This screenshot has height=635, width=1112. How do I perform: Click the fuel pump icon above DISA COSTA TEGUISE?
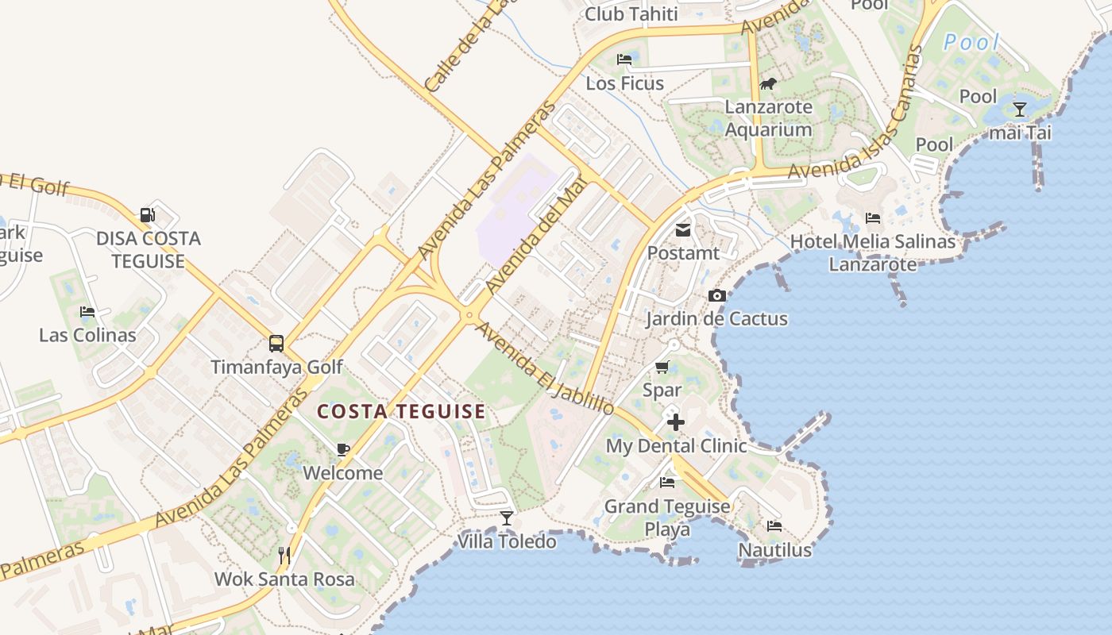tap(147, 214)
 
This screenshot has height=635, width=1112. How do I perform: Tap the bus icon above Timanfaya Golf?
tap(276, 344)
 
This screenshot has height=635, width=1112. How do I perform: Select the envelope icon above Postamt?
tap(682, 230)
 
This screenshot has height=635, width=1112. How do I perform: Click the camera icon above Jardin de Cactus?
tap(717, 296)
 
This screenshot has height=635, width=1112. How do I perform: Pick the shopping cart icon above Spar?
tap(662, 368)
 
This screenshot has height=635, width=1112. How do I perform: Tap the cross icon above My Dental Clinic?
tap(675, 422)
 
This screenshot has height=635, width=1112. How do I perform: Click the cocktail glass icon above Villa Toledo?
tap(507, 518)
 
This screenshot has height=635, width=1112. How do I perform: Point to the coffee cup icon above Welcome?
tap(343, 450)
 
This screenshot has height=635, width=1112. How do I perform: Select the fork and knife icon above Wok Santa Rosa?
tap(284, 555)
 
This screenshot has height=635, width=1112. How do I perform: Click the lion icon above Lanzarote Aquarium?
tap(768, 83)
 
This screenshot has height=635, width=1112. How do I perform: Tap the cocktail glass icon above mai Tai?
tap(1020, 110)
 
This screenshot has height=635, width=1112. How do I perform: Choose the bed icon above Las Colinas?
tap(87, 312)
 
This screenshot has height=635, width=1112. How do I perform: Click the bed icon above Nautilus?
tap(774, 526)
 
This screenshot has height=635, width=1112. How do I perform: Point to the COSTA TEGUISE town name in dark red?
tap(401, 411)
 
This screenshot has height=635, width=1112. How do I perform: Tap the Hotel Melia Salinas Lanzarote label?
tap(873, 252)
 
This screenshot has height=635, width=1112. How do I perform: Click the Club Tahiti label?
tap(631, 14)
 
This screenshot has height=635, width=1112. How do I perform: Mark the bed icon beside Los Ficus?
tap(624, 60)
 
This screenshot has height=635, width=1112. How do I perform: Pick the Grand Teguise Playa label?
tap(667, 518)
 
